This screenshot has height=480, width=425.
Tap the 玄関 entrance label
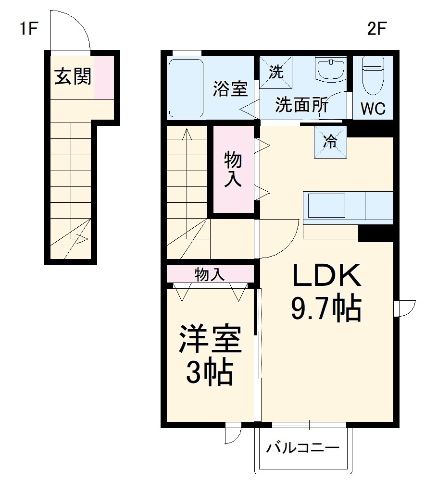tap(72, 77)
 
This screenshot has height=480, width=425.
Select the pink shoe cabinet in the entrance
tap(104, 77)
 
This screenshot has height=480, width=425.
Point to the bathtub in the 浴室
tap(187, 87)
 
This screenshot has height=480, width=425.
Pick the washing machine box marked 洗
tap(276, 73)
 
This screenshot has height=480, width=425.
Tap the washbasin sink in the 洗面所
tap(331, 70)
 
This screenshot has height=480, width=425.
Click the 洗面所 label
tap(301, 105)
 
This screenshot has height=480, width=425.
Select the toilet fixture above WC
tap(373, 77)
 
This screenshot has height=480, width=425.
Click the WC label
tap(373, 109)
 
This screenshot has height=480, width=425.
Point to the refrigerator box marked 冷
tap(330, 142)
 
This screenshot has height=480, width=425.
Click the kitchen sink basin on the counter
tap(326, 206)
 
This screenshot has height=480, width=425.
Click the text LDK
tap(326, 277)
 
